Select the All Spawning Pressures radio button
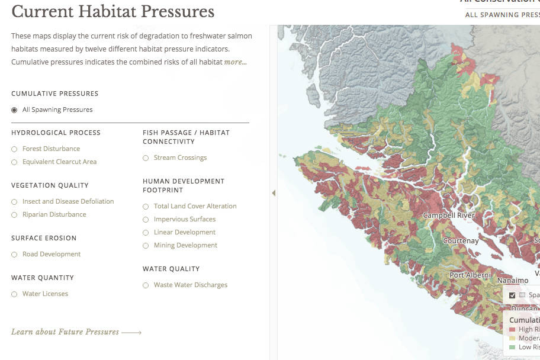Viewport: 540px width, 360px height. click(14, 110)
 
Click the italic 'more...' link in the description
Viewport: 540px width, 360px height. click(235, 62)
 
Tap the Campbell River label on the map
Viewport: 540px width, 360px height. click(449, 216)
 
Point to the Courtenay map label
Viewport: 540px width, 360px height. click(461, 241)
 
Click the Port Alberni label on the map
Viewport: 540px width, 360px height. click(470, 275)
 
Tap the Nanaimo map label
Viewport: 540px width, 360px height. click(512, 280)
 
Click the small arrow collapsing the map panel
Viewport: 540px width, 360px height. click(274, 193)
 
